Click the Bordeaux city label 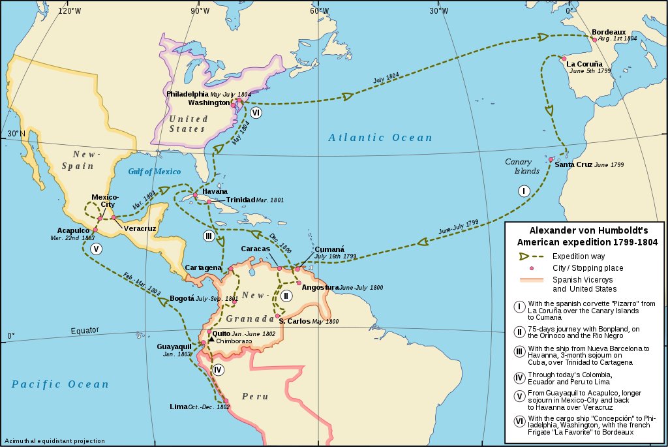point(609,32)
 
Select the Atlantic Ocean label point(380,138)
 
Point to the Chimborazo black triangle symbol point(211,340)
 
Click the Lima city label point(178,407)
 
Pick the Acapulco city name point(73,230)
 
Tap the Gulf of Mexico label point(155,171)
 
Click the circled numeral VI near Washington point(256,112)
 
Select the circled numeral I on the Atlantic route point(523,191)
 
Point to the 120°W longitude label point(70,10)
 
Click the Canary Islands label point(523,166)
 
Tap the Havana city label point(215,191)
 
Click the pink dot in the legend point(532,268)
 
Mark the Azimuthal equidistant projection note point(53,441)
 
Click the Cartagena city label point(204,268)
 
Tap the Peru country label point(254,396)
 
